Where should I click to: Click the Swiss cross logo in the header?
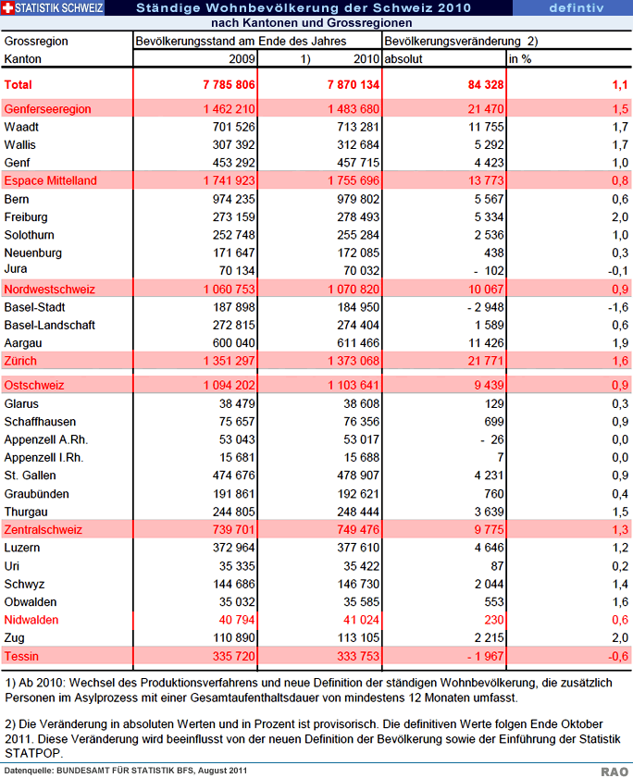pos(8,8)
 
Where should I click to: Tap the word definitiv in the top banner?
pos(577,8)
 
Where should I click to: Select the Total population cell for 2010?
pos(353,85)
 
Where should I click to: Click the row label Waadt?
pos(21,127)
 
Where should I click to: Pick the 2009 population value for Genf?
pos(233,163)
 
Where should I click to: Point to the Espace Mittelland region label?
pos(50,180)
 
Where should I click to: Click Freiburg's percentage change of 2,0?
pos(620,217)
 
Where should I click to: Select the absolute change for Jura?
pos(489,271)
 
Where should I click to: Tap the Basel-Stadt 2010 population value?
pos(358,308)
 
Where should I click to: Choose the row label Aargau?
pos(23,343)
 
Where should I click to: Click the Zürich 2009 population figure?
pos(229,361)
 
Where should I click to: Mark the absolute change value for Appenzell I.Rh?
pos(500,458)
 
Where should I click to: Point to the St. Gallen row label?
pos(30,475)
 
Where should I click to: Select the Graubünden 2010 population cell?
pos(358,494)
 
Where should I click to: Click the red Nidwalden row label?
pos(31,620)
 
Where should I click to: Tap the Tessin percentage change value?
pos(618,657)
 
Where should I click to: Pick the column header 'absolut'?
pos(403,59)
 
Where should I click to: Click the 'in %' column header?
pos(520,59)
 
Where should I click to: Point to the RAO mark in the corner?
pos(614,772)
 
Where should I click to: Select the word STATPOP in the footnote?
pos(33,753)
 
